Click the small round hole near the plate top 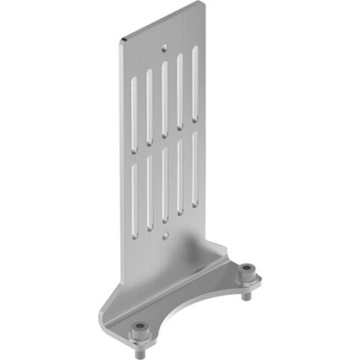pos(166,48)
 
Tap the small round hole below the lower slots pos(166,235)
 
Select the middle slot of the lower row pos(165,183)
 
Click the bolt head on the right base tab pos(248,271)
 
